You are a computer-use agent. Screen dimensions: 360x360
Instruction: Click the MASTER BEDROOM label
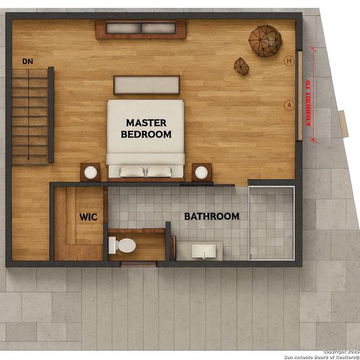click(146, 128)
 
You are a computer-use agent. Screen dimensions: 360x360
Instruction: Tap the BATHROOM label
click(211, 216)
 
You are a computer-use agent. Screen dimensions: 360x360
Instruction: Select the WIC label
click(88, 217)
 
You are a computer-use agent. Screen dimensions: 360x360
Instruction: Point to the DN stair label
click(27, 61)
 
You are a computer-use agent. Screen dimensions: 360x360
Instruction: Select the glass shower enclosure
click(271, 223)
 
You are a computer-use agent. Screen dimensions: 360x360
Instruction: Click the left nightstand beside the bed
click(91, 172)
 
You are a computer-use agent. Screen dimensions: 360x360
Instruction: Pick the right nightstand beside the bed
click(201, 172)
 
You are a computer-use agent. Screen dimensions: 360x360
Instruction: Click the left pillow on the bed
click(132, 172)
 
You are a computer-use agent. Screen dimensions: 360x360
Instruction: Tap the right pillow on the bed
click(159, 172)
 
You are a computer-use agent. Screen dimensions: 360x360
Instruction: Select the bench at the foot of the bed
click(146, 85)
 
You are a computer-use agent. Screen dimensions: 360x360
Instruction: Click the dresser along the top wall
click(140, 29)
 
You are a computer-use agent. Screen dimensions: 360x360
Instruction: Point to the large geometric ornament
click(265, 41)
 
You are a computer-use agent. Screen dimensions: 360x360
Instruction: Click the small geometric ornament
click(241, 66)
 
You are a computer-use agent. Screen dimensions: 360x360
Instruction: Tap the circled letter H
click(289, 60)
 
